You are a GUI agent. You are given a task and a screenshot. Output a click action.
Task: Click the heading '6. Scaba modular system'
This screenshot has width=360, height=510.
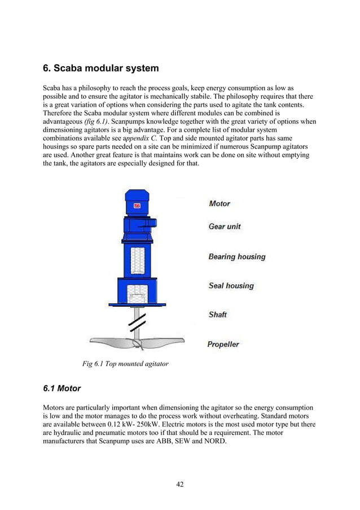(101, 68)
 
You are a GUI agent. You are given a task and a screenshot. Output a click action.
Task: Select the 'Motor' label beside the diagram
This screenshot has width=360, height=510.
(219, 203)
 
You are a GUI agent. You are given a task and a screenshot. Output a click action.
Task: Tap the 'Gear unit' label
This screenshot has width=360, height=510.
(224, 226)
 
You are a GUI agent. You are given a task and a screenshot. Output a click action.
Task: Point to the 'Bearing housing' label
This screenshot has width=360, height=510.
(236, 257)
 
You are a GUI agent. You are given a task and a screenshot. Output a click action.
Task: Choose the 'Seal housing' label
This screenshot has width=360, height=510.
(231, 286)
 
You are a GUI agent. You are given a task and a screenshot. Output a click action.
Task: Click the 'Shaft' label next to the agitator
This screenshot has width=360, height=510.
(217, 315)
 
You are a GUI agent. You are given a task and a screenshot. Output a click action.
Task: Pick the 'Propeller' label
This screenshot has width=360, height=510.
(223, 344)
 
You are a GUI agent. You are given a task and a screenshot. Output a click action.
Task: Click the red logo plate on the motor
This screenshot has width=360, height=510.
(137, 206)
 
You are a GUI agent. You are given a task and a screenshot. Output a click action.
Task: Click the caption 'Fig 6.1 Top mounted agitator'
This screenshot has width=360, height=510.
(125, 364)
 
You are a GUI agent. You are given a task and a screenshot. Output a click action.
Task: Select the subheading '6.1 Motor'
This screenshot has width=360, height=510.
(62, 389)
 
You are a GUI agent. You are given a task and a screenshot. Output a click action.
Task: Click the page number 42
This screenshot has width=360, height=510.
(179, 483)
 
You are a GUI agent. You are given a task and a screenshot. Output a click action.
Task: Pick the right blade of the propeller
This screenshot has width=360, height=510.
(164, 342)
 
